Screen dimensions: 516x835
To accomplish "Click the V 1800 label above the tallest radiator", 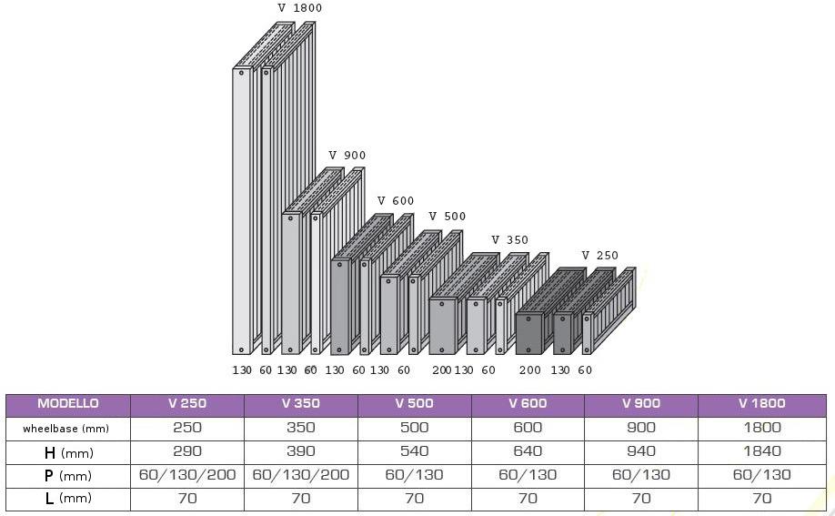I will tap(299, 8).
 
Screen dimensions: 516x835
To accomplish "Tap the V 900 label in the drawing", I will tap(347, 156).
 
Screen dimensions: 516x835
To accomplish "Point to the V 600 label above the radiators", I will tap(396, 201).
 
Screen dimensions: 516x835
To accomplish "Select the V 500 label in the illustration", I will tap(448, 217).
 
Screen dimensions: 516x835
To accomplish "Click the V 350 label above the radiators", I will tap(509, 240).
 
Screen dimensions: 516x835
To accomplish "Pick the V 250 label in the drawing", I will tap(599, 256).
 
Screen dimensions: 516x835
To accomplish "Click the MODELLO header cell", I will tap(68, 404).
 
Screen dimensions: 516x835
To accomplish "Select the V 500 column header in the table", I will tap(414, 404).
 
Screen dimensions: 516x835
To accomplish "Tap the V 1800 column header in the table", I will tap(761, 404).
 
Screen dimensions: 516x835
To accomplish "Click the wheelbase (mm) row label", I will tap(68, 428).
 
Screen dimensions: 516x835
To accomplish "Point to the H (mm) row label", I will tap(68, 451).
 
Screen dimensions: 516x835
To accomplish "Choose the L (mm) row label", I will tap(68, 499).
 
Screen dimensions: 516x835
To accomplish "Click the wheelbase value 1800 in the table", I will tap(761, 428).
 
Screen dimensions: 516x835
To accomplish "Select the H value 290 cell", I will tap(187, 451).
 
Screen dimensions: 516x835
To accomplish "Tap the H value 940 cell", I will tap(640, 451).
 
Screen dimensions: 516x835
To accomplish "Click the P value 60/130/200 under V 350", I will tap(300, 475).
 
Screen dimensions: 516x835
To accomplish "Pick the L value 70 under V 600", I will tap(527, 499).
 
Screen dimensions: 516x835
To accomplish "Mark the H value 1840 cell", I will tap(761, 451).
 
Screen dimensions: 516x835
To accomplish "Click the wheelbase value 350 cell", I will tap(300, 428).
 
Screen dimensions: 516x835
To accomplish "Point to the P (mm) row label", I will tap(68, 475).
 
